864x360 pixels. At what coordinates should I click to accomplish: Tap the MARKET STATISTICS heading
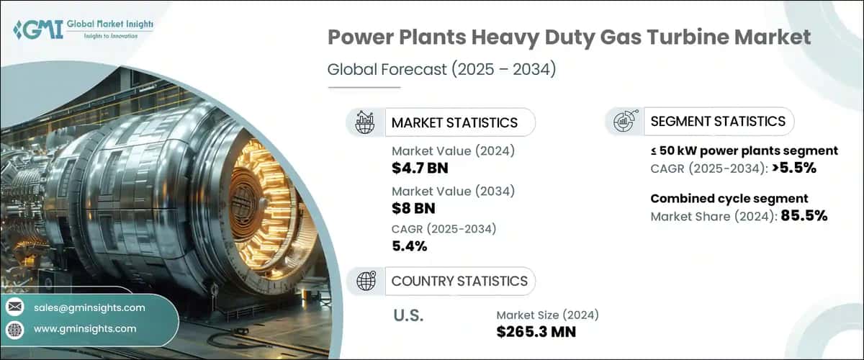tap(454, 122)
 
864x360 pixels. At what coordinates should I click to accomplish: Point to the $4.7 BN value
tap(422, 167)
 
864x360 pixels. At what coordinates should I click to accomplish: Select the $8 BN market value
tap(413, 209)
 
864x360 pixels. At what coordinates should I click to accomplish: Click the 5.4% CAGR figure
tap(410, 246)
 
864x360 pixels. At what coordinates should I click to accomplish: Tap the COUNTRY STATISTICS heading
tap(459, 281)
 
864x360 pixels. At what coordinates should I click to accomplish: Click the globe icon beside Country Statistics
tap(365, 281)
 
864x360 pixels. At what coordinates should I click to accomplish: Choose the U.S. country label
tap(409, 316)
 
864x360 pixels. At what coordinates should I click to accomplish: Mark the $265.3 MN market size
tap(536, 331)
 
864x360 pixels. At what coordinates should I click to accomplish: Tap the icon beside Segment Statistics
tap(624, 122)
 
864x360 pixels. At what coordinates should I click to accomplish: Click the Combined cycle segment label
tap(729, 199)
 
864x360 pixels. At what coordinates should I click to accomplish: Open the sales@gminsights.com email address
tap(89, 307)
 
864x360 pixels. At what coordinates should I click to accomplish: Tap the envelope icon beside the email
tap(14, 307)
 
